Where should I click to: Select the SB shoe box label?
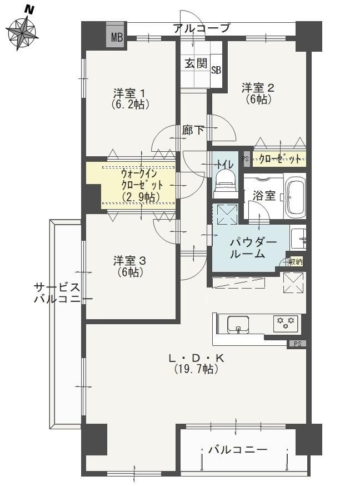[216, 71]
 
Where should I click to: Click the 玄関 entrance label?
[196, 63]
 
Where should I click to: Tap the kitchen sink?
[238, 325]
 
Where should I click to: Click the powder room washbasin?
[298, 239]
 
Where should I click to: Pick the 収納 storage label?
[296, 262]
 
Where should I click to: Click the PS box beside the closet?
[246, 158]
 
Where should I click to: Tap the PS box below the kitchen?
[297, 344]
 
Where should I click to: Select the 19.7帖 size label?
[196, 369]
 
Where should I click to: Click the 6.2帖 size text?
[131, 104]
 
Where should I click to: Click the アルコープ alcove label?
[202, 28]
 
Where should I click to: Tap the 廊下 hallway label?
[193, 130]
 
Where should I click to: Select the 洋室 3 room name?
[129, 261]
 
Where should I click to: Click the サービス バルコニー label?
[61, 293]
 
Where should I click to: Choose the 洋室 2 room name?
[258, 88]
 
